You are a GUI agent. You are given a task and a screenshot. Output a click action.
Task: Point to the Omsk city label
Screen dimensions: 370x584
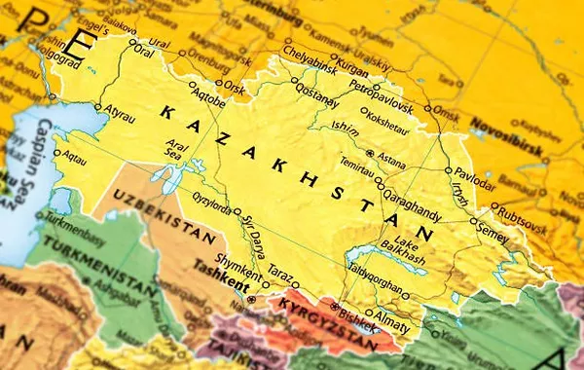(x=445, y=111)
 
